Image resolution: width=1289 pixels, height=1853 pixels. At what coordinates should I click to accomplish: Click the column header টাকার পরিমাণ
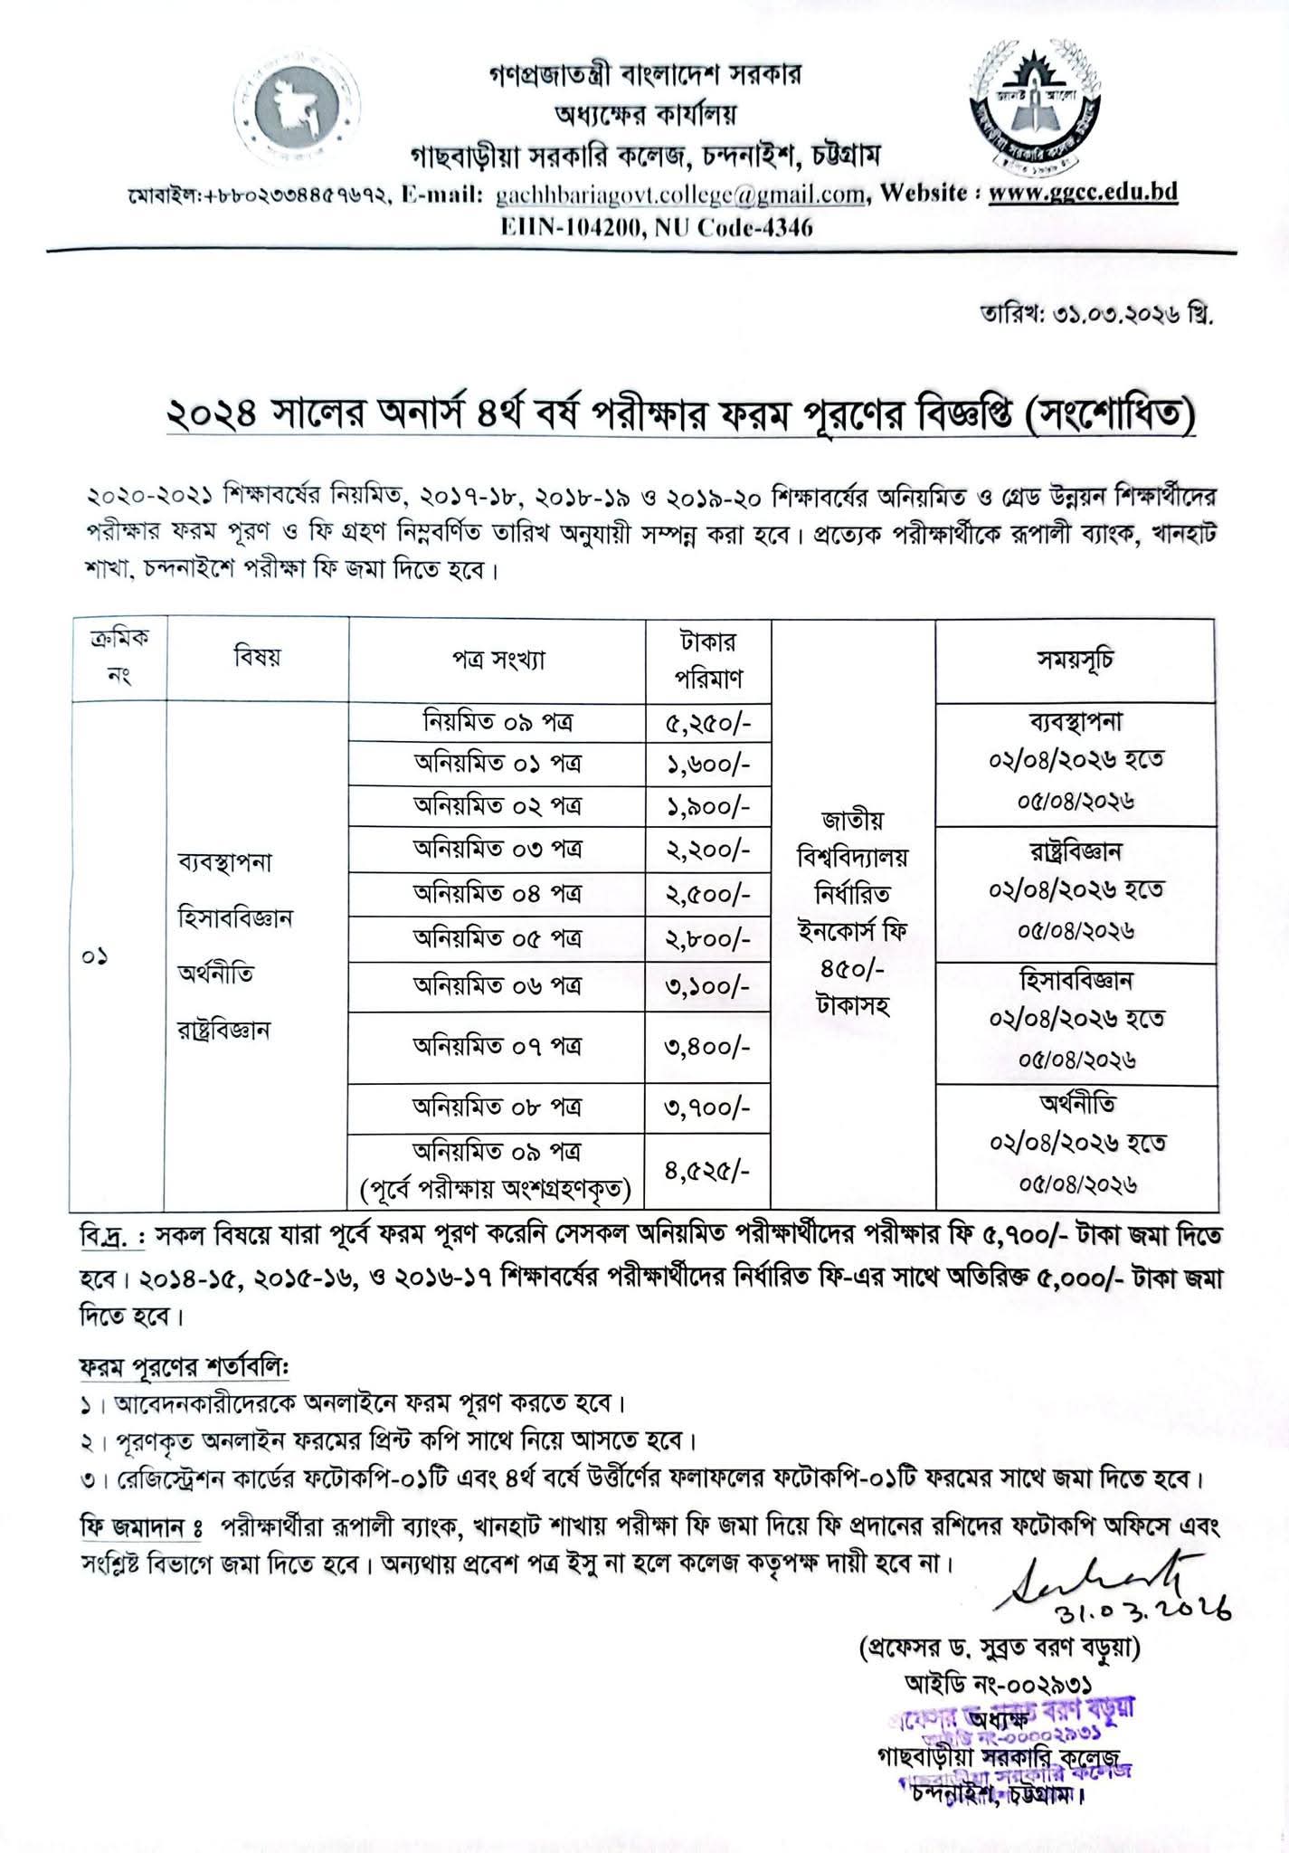pyautogui.click(x=708, y=660)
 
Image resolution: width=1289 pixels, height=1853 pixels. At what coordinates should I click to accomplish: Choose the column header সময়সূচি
pyautogui.click(x=1076, y=659)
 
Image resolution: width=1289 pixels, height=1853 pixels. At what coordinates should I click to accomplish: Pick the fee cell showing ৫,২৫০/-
pyautogui.click(x=708, y=722)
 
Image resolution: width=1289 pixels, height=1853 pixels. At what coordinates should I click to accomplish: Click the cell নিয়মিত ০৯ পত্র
pyautogui.click(x=498, y=722)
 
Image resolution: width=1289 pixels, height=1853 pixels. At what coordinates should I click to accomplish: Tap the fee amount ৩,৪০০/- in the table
pyautogui.click(x=708, y=1047)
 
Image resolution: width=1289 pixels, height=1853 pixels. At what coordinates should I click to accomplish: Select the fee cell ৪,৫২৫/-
pyautogui.click(x=708, y=1172)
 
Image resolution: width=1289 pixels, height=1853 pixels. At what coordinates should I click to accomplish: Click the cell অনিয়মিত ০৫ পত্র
pyautogui.click(x=498, y=938)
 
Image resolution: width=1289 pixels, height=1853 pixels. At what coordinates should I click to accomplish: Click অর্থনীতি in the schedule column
pyautogui.click(x=1076, y=1104)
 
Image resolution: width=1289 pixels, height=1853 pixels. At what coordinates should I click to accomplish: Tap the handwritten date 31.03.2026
pyautogui.click(x=1143, y=1602)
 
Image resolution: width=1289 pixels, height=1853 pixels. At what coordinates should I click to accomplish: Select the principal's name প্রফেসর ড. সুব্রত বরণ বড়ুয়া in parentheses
pyautogui.click(x=1000, y=1649)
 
